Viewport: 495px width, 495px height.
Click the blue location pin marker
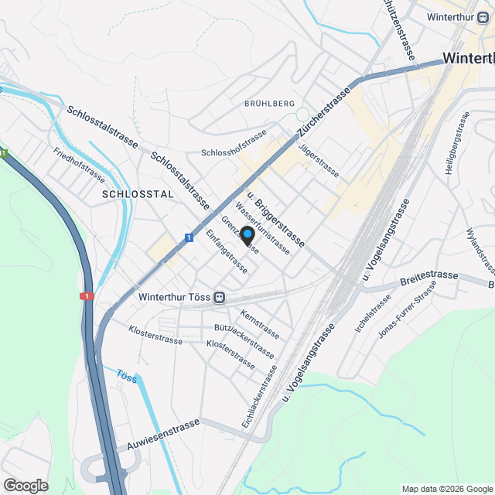click(247, 235)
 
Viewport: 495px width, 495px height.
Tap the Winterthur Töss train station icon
click(220, 296)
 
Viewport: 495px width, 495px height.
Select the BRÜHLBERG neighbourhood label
click(269, 103)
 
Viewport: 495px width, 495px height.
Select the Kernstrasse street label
click(260, 325)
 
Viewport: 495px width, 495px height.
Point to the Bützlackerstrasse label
click(244, 341)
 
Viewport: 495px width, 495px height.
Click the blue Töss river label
click(126, 377)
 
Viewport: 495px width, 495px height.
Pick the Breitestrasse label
click(428, 275)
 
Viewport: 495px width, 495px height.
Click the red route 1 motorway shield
click(85, 295)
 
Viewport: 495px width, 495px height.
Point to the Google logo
click(26, 485)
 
